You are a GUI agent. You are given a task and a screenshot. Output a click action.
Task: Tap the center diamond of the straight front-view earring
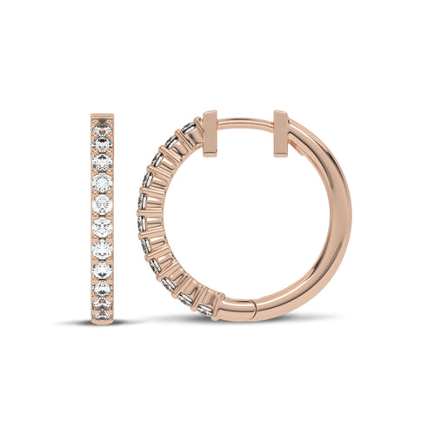tap(104, 217)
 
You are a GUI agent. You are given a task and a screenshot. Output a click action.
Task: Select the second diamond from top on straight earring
tap(104, 144)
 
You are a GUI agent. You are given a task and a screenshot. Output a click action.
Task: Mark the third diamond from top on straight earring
tap(104, 163)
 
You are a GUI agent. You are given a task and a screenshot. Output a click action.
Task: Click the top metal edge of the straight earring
tap(104, 113)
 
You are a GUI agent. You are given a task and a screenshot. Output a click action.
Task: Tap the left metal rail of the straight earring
tap(92, 217)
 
